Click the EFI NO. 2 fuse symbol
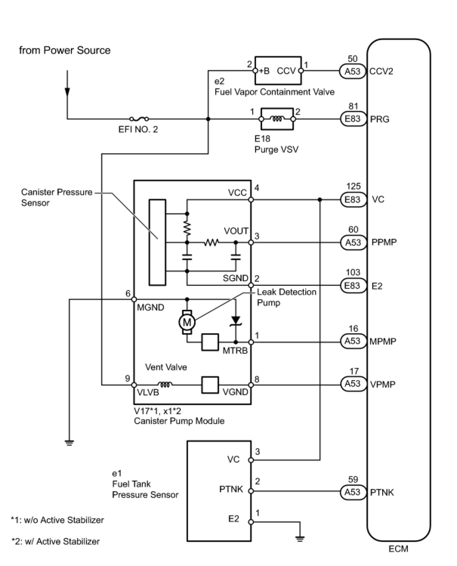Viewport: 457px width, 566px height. coord(139,119)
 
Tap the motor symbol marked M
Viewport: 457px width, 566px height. coord(187,322)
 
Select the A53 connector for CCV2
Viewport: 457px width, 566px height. coord(353,71)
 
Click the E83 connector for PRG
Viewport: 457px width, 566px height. coord(353,119)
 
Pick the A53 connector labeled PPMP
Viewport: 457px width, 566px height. coord(353,242)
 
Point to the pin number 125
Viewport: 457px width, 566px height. coord(354,186)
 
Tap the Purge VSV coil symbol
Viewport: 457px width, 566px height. coord(277,119)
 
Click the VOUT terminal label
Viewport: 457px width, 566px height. coord(236,231)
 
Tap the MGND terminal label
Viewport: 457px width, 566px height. coord(151,308)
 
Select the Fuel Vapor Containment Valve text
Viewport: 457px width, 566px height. coord(275,92)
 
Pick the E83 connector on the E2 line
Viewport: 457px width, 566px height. coord(353,286)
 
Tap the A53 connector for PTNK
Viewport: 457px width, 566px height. coord(353,492)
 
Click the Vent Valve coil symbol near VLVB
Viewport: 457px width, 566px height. coord(165,385)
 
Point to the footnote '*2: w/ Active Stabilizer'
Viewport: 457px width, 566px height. coord(56,541)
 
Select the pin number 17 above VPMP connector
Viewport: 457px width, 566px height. coord(354,371)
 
